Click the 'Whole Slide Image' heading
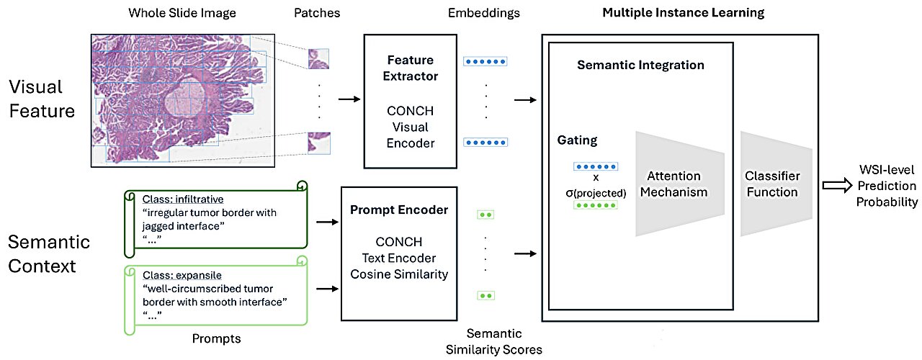coord(182,13)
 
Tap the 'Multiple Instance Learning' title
coord(684,13)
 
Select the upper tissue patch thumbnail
coord(318,59)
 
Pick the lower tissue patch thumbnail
coord(319,143)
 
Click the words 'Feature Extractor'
coord(411,68)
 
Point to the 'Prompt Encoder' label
coord(399,210)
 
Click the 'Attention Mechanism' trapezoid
coord(679,184)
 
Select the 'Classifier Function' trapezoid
coord(776,184)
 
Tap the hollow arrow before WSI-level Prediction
coord(837,186)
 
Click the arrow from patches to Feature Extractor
coord(349,99)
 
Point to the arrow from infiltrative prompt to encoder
coord(328,222)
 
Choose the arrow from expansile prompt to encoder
coord(328,289)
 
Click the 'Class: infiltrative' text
coord(183,199)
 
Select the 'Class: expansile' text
coord(182,275)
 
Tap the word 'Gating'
coord(577,140)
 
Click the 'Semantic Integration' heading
coord(640,65)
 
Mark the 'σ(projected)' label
coord(596,193)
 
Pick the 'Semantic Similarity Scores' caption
coord(494,341)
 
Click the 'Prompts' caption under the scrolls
coord(217,338)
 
